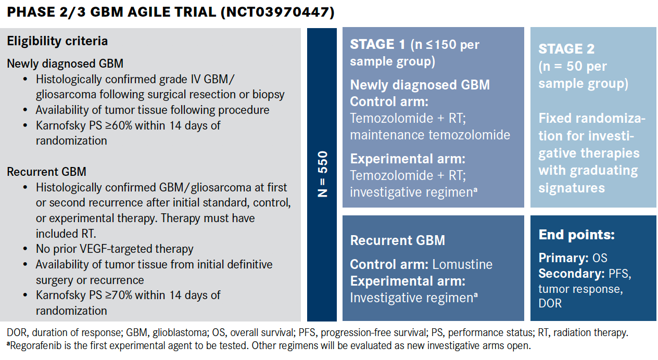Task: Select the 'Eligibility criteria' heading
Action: (57, 41)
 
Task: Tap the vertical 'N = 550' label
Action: (323, 174)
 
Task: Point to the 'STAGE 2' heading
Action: (566, 49)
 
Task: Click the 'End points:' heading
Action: (576, 235)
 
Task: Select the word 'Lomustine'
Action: (462, 264)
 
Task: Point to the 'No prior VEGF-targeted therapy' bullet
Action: (115, 249)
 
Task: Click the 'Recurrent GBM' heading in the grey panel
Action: (46, 171)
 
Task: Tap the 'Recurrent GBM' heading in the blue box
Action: (397, 240)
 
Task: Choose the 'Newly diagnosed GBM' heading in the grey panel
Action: (65, 64)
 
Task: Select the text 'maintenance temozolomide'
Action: (430, 135)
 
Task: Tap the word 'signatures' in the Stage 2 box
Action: (572, 187)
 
